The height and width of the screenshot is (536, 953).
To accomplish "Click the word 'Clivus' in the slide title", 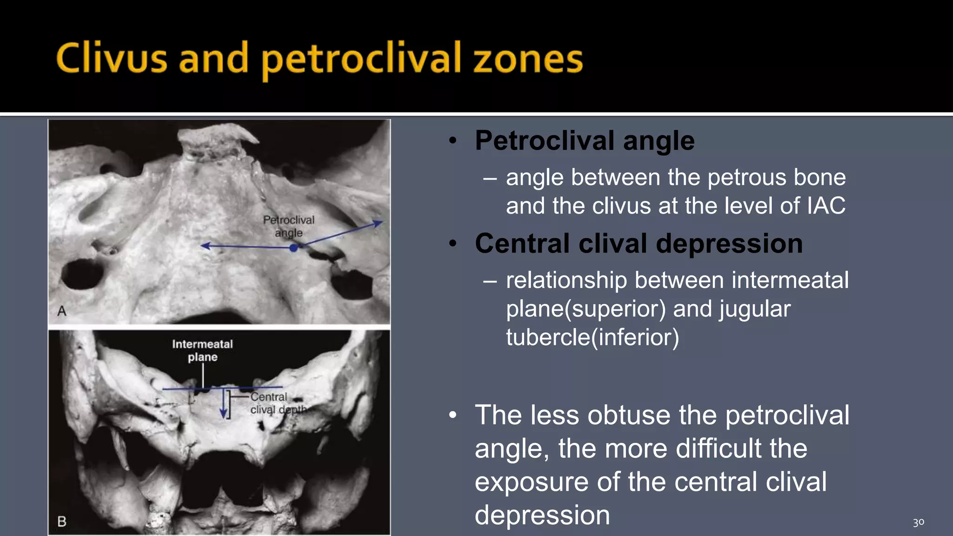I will coord(111,59).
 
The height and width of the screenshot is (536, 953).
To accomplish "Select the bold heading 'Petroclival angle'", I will coord(584,140).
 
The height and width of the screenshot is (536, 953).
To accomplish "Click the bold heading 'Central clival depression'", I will coord(638,243).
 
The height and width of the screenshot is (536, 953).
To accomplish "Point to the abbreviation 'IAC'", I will coord(826,206).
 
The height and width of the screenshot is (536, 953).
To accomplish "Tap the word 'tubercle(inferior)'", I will coord(592,337).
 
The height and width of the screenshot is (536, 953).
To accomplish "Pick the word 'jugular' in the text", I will coord(755,309).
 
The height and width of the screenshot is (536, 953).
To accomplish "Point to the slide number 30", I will coord(918,523).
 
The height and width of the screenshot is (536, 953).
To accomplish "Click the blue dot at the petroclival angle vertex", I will coord(293,248).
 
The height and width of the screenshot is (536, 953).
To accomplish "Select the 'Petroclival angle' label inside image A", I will coord(289,226).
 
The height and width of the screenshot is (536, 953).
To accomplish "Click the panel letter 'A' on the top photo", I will coord(62,311).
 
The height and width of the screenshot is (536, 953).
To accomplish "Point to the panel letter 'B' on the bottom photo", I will coord(61,522).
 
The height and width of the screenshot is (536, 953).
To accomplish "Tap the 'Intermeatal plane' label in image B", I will coord(202,350).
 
